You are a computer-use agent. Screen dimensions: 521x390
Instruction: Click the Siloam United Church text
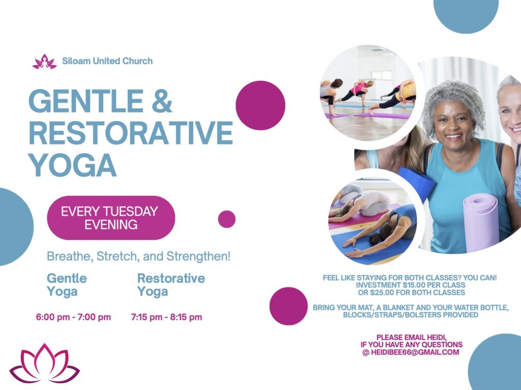[107, 61]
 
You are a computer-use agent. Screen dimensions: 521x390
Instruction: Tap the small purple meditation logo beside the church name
[45, 62]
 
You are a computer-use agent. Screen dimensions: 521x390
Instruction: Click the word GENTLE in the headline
[86, 101]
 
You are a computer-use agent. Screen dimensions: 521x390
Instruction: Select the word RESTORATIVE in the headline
[131, 133]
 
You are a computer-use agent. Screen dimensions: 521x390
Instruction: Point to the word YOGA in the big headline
[72, 165]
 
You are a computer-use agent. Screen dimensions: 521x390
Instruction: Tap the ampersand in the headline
[162, 101]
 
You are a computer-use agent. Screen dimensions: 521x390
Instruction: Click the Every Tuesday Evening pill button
[111, 218]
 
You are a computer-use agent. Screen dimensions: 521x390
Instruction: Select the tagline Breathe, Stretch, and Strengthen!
[138, 256]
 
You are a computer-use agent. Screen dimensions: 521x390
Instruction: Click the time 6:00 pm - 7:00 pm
[73, 317]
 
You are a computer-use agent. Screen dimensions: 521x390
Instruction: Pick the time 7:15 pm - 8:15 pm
[166, 317]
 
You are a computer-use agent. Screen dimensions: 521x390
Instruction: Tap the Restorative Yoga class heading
[171, 285]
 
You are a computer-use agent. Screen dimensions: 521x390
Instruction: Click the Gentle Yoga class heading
[67, 285]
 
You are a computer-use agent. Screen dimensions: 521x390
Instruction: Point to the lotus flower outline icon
[45, 364]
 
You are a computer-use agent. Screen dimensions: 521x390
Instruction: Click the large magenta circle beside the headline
[260, 105]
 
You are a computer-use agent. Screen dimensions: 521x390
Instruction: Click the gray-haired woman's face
[454, 123]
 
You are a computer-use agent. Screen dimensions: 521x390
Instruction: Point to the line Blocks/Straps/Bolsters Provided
[411, 315]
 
